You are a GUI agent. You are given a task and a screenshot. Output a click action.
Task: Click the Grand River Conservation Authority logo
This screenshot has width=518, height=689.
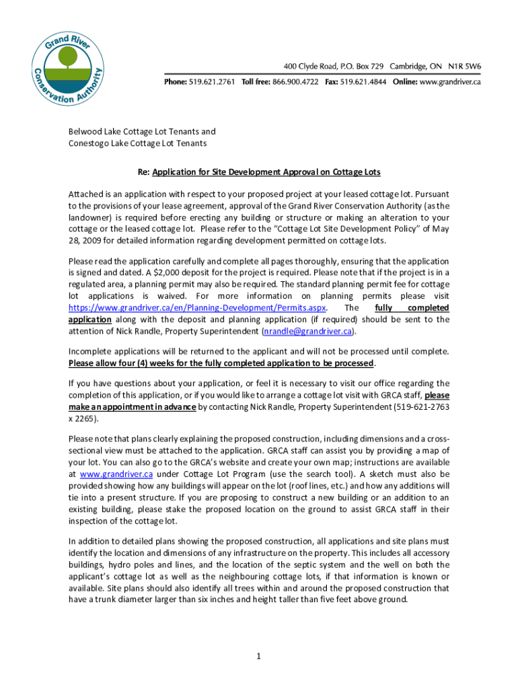tap(68, 61)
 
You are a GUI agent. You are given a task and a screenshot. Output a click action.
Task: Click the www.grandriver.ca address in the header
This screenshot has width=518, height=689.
tap(450, 81)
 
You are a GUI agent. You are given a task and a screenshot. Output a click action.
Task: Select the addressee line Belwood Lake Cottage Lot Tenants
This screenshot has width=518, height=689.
tap(142, 132)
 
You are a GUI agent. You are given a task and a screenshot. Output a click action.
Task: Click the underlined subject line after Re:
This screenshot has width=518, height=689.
tap(266, 172)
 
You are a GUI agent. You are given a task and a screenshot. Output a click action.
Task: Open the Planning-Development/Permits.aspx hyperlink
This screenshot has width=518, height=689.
tap(197, 307)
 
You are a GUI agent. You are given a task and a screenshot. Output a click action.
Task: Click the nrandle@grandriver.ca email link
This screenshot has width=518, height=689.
tap(308, 332)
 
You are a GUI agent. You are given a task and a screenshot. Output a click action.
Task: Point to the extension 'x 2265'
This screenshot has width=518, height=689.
tap(81, 419)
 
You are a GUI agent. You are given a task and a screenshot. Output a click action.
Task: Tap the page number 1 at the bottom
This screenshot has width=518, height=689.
tap(258, 657)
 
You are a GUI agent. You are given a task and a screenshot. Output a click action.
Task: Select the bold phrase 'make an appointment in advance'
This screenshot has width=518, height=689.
tap(132, 407)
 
